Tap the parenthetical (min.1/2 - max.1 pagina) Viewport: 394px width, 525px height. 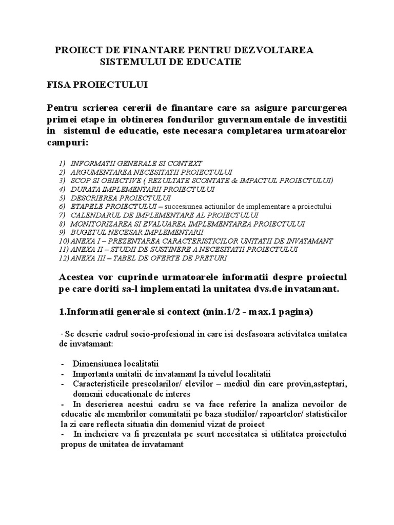[261, 312]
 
